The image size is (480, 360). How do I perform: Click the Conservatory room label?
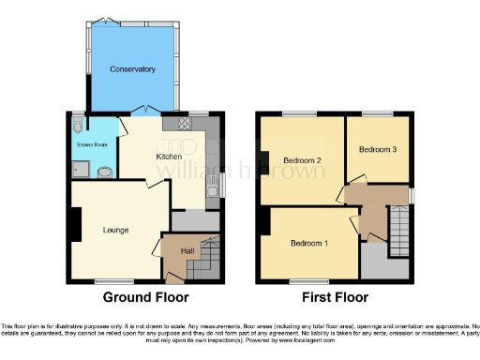pyautogui.click(x=131, y=70)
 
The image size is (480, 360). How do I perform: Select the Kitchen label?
pyautogui.click(x=169, y=157)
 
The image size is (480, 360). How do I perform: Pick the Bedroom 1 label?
pyautogui.click(x=308, y=244)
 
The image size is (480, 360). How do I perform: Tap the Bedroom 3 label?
pyautogui.click(x=378, y=149)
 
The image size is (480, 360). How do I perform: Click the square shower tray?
pyautogui.click(x=81, y=169)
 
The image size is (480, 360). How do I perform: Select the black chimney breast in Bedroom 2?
pyautogui.click(x=265, y=161)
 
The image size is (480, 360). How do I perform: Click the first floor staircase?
pyautogui.click(x=399, y=226)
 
